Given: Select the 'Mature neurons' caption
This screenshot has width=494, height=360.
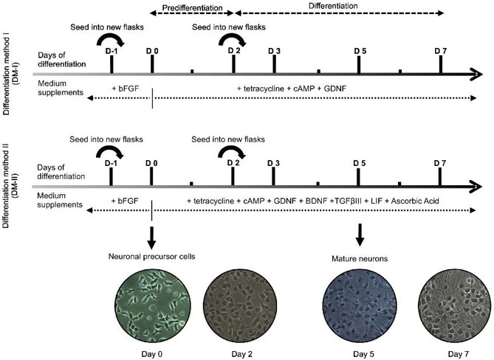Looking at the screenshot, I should tap(358, 259).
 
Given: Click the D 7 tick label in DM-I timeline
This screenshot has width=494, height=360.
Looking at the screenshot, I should tap(441, 49).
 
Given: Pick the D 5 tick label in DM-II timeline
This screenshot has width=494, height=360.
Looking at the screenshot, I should tap(360, 162).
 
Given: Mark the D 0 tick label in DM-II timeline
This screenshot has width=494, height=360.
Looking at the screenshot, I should tap(151, 162).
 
